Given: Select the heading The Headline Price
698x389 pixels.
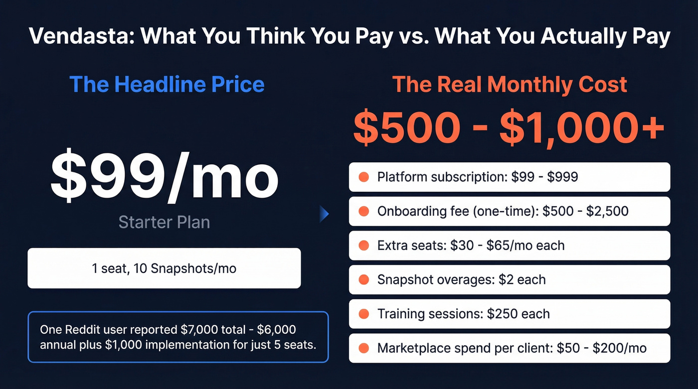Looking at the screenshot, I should (167, 84).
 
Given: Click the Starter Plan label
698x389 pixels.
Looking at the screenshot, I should (164, 222).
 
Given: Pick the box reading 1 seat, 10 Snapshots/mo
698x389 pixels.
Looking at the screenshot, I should (164, 268).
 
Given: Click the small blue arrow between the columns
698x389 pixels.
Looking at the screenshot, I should (324, 215).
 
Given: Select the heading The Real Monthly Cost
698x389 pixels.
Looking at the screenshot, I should (509, 84).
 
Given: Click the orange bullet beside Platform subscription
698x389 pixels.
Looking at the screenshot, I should (363, 177).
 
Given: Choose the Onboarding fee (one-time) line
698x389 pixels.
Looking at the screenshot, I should (503, 211).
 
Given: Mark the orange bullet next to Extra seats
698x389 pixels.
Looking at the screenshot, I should (363, 246).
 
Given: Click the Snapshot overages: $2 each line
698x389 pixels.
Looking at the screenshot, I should (461, 280).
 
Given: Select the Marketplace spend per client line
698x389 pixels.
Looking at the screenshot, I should (512, 348).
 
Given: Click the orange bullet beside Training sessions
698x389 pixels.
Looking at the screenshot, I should (363, 314).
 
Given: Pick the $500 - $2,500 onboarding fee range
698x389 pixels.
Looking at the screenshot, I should (585, 211).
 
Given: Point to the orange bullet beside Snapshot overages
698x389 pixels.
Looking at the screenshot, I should (363, 280).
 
